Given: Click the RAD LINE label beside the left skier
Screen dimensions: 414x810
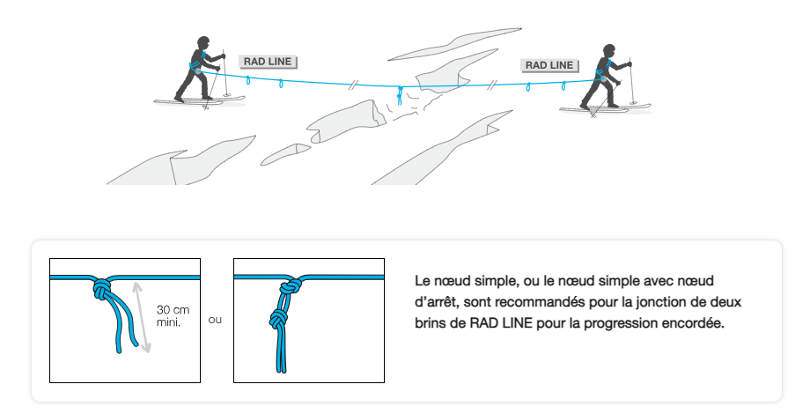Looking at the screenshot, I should click(x=269, y=62).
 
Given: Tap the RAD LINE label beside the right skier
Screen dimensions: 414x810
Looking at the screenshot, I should click(x=549, y=65).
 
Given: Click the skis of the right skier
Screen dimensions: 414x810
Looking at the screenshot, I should click(x=604, y=108).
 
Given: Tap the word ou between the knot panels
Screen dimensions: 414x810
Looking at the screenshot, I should click(x=216, y=320).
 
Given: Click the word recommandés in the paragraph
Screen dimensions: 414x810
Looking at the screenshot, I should click(x=549, y=302).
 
